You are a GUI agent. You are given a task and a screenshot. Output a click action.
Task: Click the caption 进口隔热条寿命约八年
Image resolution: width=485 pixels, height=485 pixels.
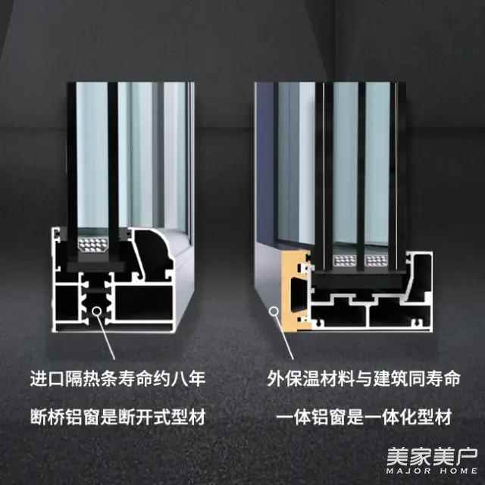[118, 378]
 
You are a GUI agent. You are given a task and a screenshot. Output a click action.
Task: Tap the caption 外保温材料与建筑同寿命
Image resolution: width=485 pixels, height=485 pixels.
[364, 378]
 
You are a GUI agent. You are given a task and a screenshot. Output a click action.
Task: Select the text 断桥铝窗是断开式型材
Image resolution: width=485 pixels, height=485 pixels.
[118, 417]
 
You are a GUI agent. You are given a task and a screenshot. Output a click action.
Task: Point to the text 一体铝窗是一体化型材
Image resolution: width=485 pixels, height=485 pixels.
[364, 417]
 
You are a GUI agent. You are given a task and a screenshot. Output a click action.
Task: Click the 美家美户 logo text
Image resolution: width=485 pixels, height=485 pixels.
[432, 456]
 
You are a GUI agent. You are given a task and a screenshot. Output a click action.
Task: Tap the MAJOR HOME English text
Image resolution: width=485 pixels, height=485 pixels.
[432, 471]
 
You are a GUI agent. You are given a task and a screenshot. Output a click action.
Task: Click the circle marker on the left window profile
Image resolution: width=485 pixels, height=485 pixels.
[97, 311]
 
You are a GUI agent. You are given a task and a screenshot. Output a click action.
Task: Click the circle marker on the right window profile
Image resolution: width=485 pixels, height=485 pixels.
[274, 311]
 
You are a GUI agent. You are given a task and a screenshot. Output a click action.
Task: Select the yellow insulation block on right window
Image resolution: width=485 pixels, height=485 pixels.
[295, 290]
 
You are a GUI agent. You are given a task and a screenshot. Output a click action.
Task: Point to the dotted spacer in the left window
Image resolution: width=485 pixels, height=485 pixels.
[92, 244]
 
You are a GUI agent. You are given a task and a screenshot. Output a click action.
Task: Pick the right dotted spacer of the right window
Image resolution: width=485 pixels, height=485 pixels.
[376, 261]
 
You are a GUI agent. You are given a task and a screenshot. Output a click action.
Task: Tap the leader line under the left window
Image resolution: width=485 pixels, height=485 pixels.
[107, 337]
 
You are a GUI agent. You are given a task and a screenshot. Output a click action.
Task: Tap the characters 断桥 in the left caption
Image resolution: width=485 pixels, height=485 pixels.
[47, 417]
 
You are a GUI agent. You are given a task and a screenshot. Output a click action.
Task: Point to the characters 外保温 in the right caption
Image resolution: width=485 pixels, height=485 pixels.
[293, 378]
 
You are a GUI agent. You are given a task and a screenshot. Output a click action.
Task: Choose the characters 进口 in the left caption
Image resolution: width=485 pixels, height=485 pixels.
[47, 378]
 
